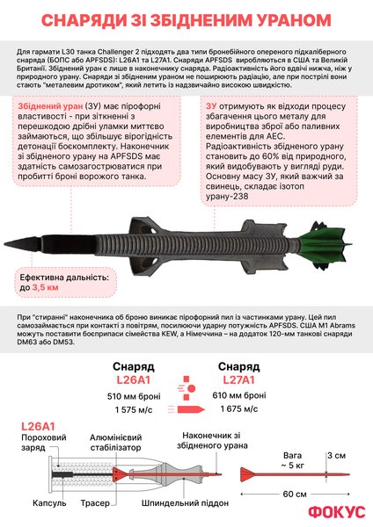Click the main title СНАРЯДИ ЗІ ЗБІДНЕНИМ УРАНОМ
click(x=186, y=19)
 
